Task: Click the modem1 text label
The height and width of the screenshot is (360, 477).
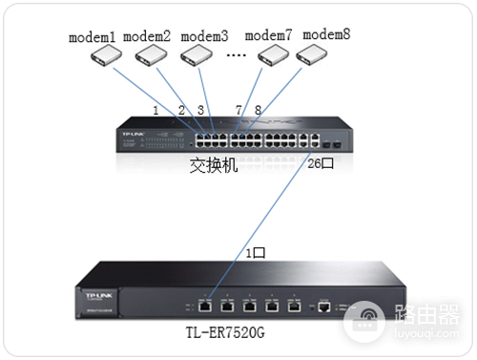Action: [92, 37]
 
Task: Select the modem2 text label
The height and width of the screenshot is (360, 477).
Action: [147, 37]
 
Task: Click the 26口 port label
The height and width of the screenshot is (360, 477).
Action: [321, 163]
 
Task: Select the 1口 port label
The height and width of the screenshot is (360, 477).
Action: [255, 254]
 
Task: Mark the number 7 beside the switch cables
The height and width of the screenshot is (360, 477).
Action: [238, 110]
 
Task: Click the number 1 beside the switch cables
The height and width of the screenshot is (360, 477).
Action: [155, 110]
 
